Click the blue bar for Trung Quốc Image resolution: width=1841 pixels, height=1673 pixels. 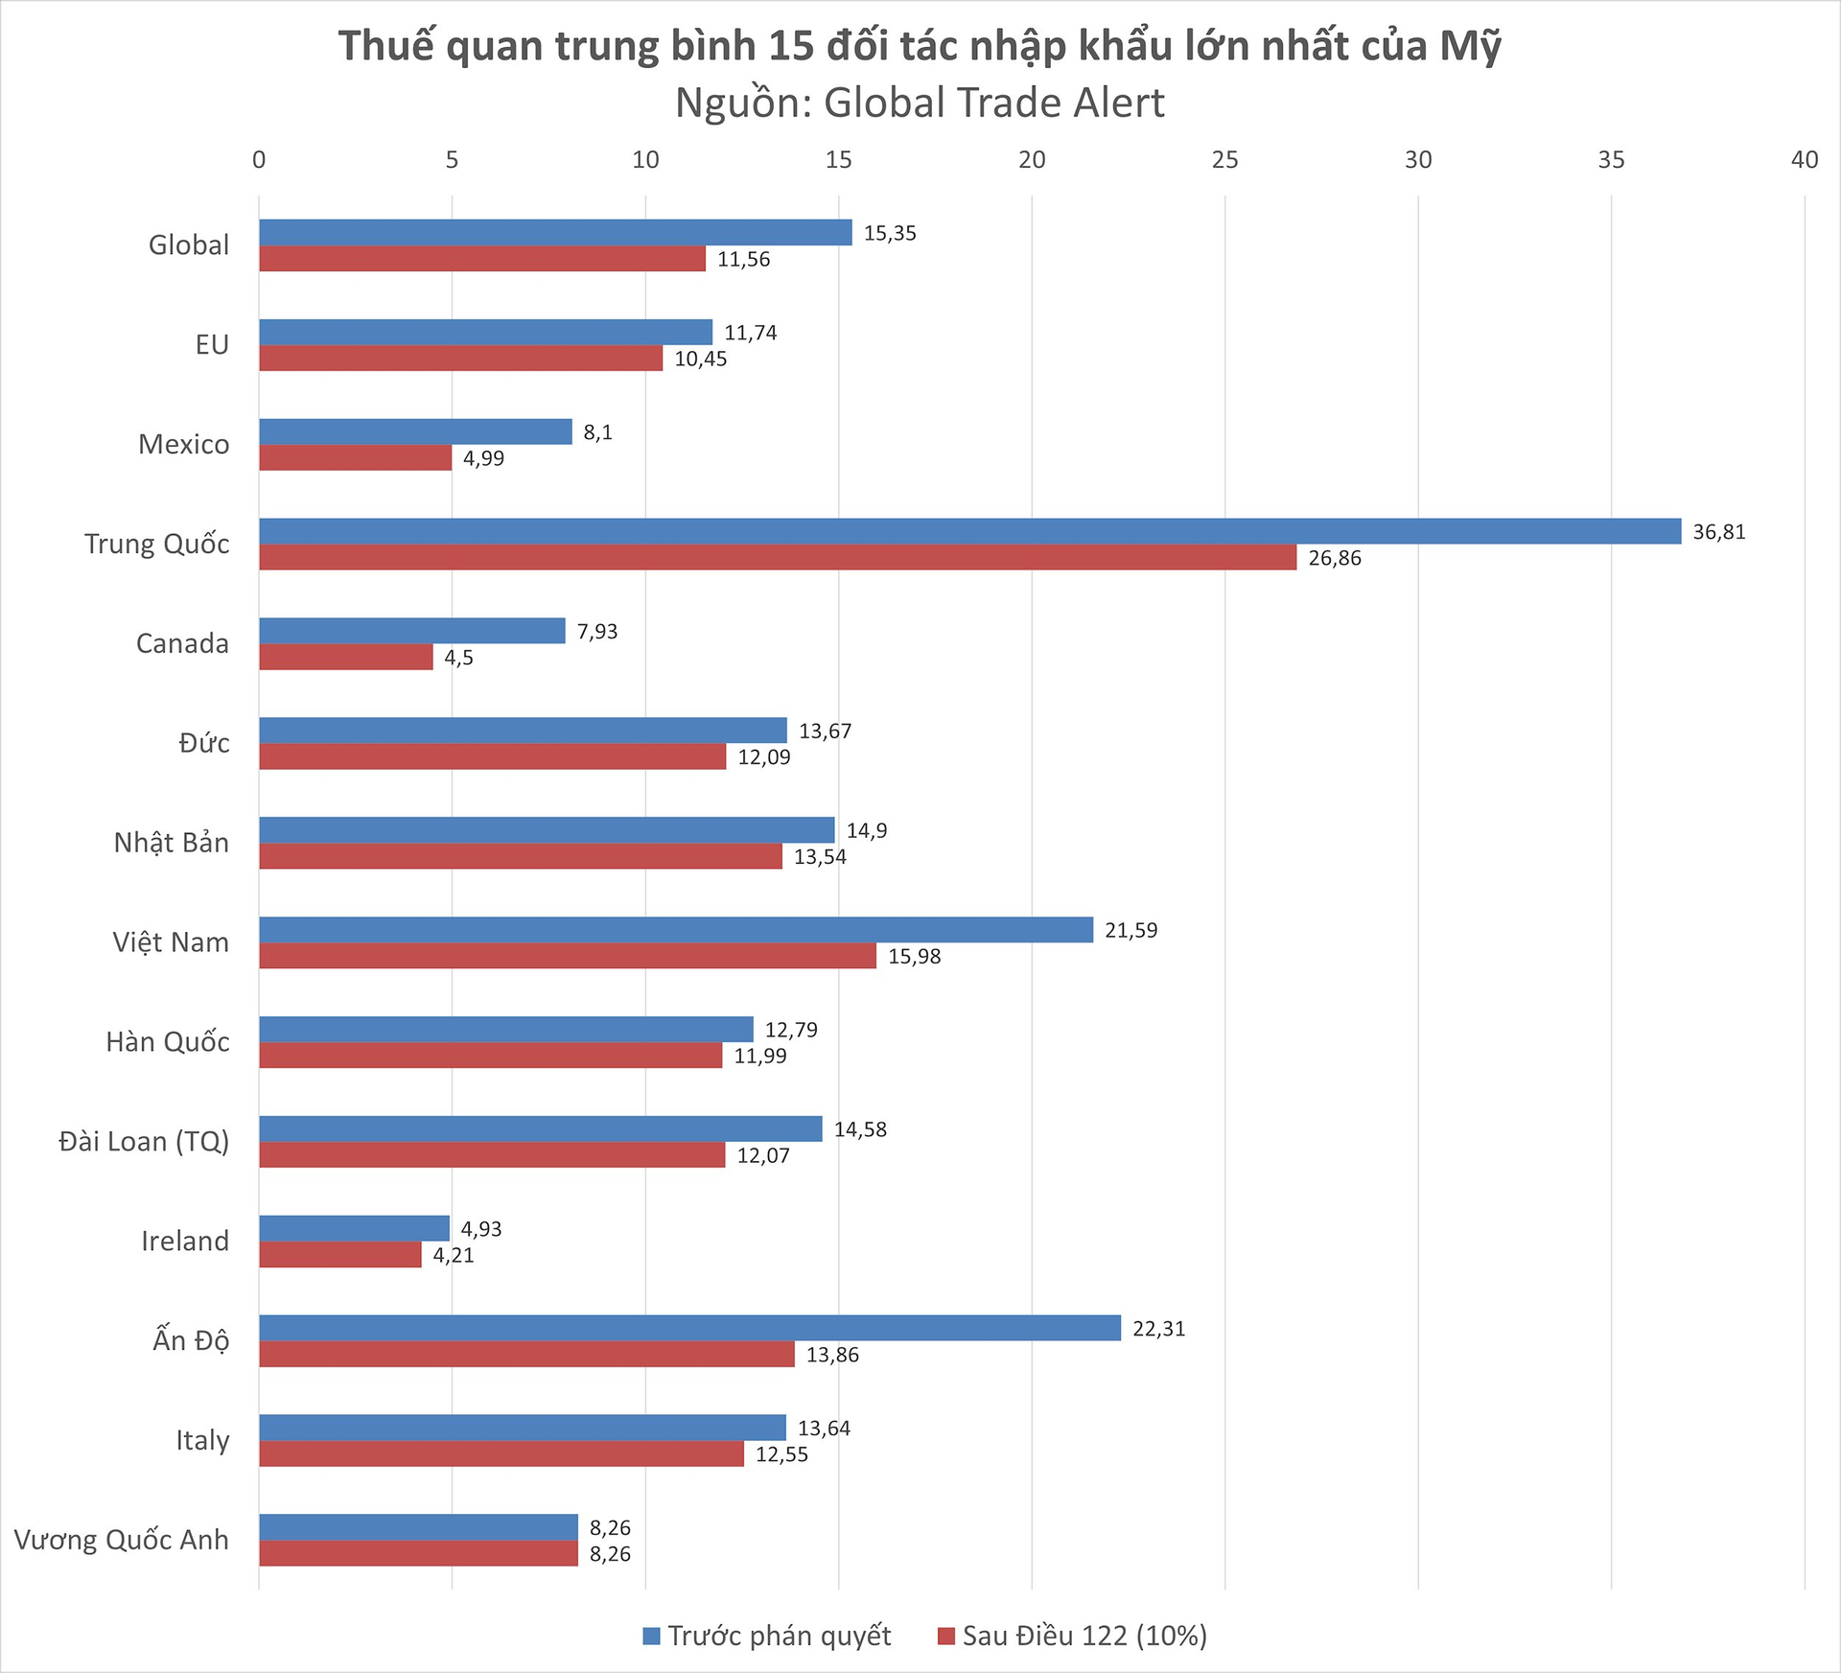[968, 531]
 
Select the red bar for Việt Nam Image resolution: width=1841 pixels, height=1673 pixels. [567, 956]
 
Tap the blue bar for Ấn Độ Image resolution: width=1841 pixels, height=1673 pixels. [689, 1328]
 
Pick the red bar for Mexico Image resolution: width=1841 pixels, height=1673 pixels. [355, 457]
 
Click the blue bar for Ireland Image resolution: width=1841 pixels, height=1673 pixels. [354, 1228]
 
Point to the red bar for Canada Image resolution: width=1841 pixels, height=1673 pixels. [345, 657]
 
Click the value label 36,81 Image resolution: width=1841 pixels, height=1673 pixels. [1718, 532]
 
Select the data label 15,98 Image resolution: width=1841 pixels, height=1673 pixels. [914, 957]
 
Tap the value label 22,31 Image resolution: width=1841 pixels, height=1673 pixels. [1158, 1329]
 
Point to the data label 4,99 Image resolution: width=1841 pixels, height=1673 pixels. [483, 458]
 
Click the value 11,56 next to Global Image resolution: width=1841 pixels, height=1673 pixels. [743, 259]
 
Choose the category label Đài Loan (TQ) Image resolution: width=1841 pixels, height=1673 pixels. [144, 1141]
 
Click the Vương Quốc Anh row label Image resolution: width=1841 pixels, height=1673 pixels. [122, 1540]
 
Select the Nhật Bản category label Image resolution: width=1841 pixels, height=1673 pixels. [171, 843]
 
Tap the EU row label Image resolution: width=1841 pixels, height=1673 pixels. [212, 345]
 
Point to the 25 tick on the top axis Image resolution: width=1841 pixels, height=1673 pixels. [1224, 160]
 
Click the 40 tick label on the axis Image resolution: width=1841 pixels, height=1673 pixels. [1804, 160]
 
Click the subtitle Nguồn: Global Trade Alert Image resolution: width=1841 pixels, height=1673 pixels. [920, 104]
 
